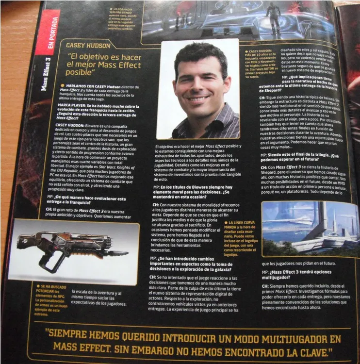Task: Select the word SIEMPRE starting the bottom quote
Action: click(74, 336)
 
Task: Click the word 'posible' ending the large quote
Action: click(83, 73)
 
